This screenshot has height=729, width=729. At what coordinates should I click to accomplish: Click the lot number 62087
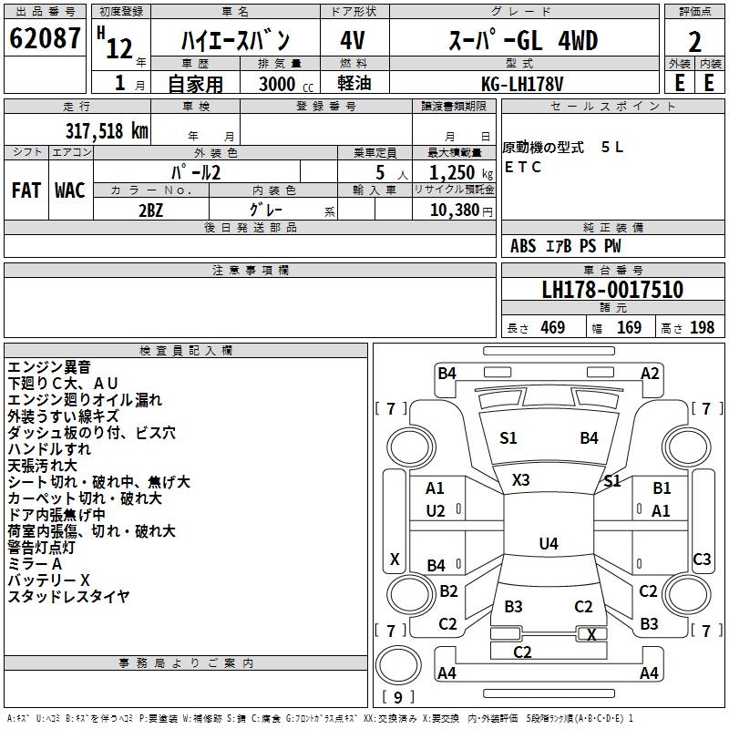(44, 40)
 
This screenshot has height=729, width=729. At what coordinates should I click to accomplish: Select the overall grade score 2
(694, 42)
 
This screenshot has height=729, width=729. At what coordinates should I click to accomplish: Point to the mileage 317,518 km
(106, 130)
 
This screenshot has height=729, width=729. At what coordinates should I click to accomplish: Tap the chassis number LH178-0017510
(612, 291)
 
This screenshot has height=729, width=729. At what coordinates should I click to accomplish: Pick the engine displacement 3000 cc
(280, 84)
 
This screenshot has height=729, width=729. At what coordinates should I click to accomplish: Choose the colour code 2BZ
(151, 210)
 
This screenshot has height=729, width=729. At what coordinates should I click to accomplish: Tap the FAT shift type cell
(26, 190)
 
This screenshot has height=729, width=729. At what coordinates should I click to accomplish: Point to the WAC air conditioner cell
(69, 190)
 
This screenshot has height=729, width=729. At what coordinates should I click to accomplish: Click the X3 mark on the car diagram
(521, 479)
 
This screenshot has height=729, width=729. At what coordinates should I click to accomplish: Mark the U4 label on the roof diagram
(548, 544)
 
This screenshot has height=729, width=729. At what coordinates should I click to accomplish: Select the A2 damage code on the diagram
(650, 373)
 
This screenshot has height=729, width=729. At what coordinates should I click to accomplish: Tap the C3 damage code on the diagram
(702, 560)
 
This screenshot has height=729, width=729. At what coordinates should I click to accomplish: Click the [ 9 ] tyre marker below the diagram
(397, 697)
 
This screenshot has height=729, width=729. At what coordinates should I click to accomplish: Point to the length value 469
(552, 327)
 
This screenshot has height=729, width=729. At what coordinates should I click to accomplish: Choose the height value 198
(702, 327)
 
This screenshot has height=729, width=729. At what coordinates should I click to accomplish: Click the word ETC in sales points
(523, 167)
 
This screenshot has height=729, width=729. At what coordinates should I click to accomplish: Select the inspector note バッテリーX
(49, 580)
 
